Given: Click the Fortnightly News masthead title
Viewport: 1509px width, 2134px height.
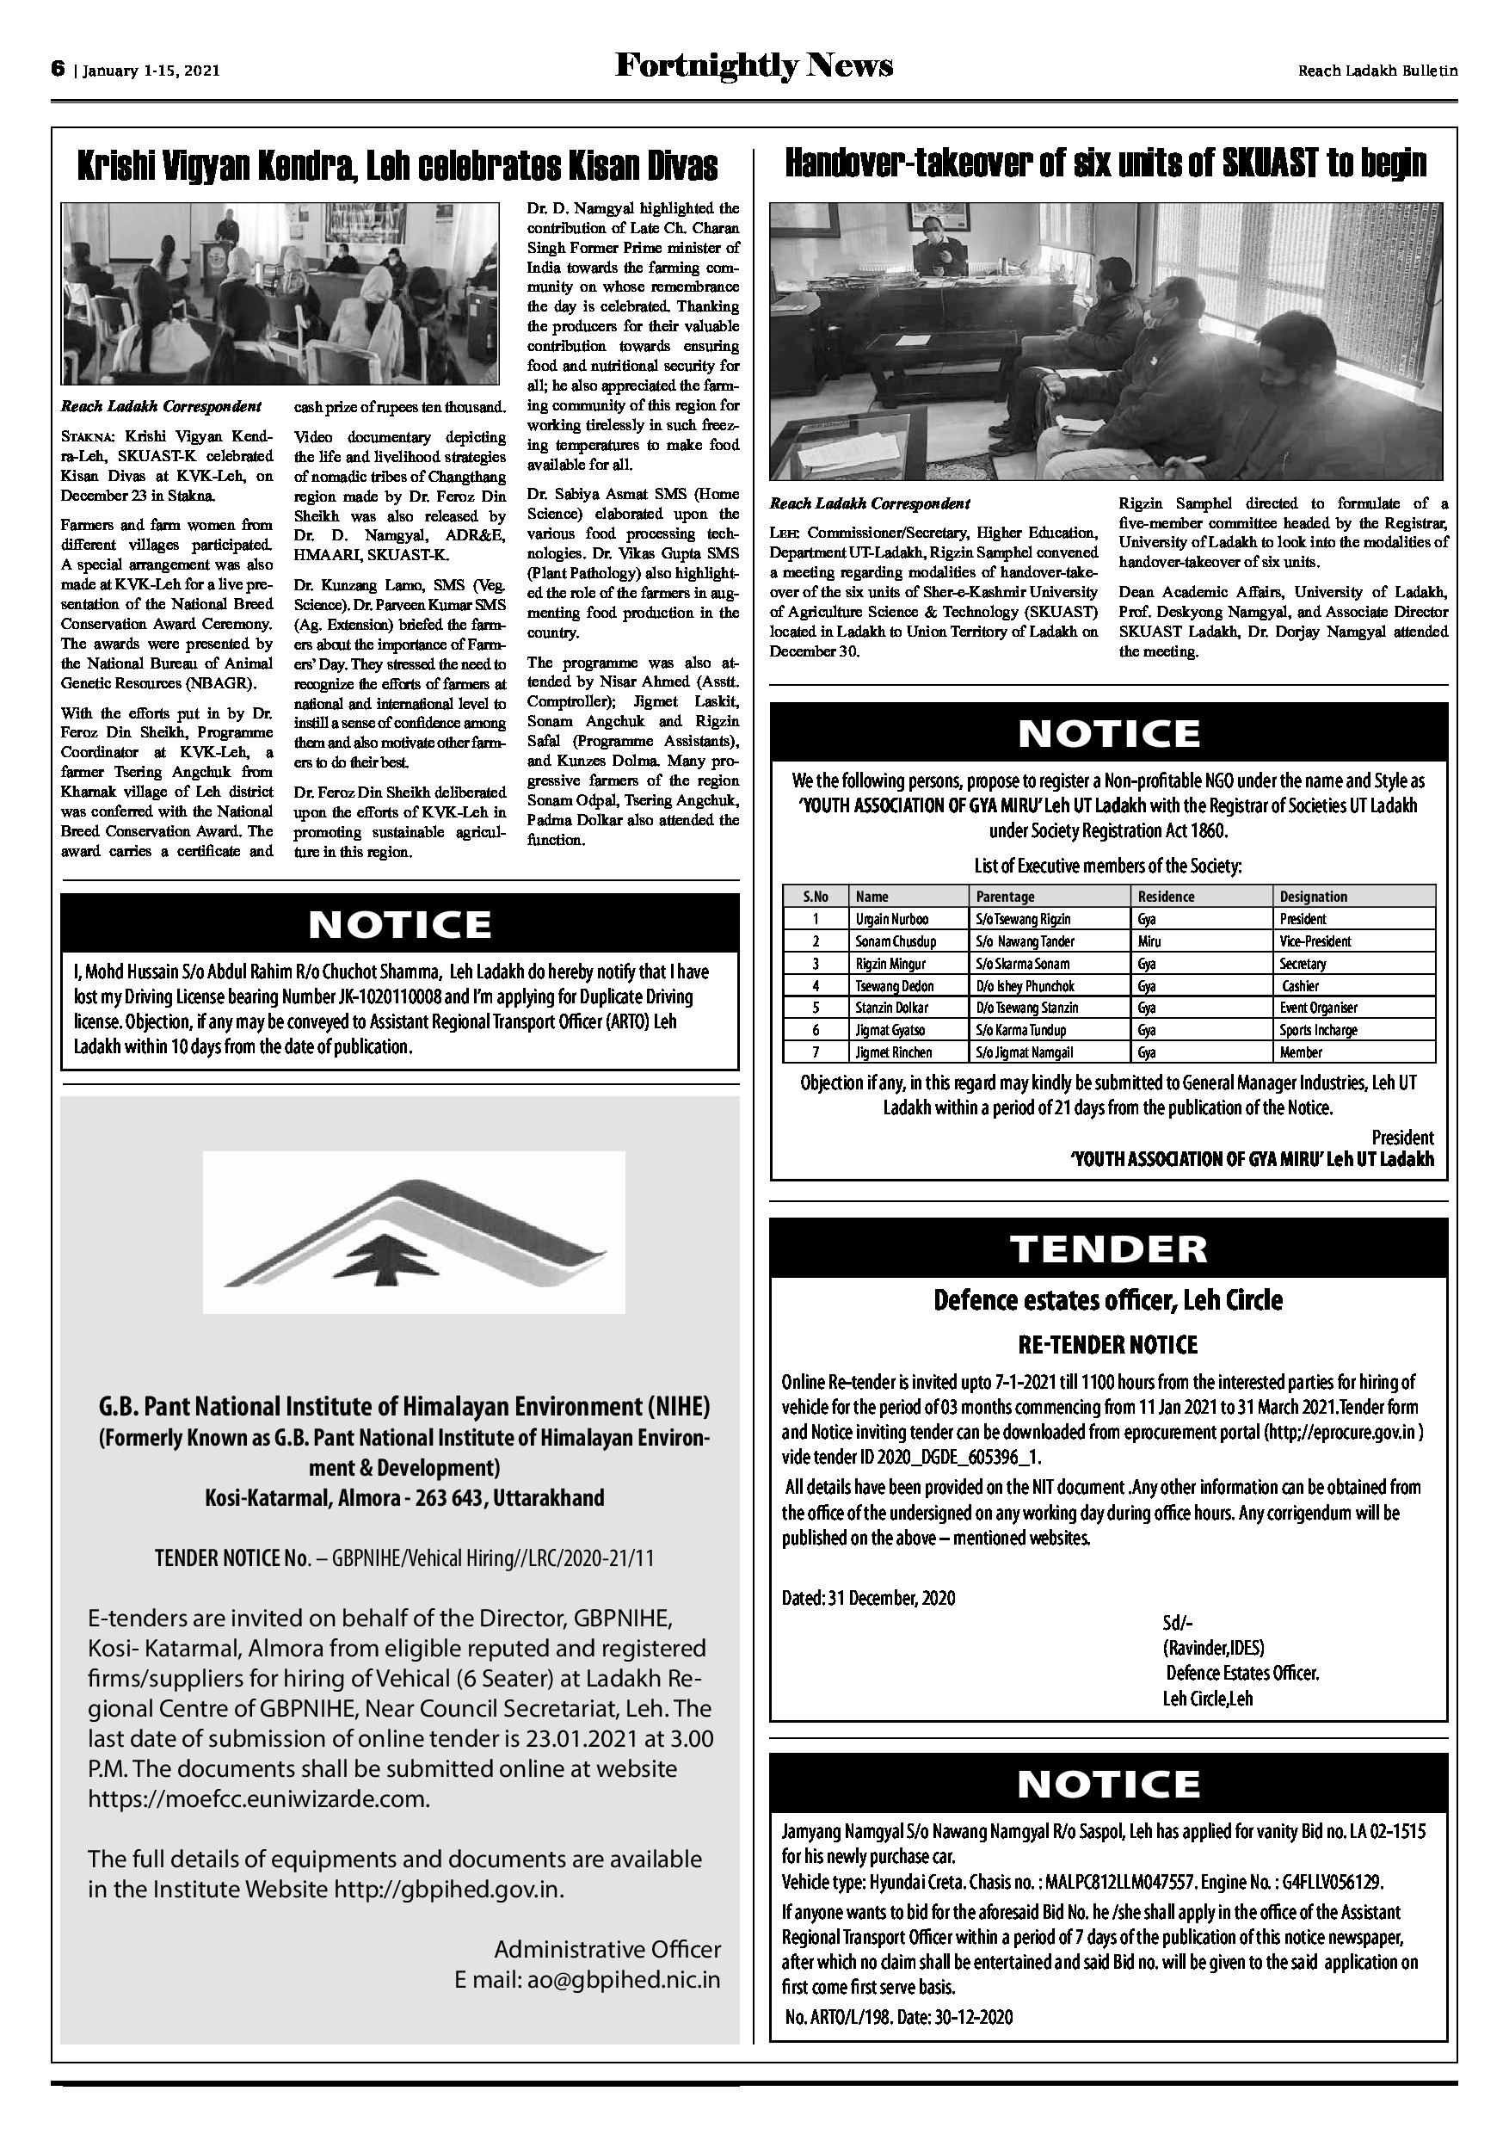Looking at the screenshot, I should (x=754, y=67).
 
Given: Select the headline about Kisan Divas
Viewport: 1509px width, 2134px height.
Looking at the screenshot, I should (x=397, y=166).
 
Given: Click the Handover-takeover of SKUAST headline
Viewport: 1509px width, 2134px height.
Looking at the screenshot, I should (x=1106, y=163).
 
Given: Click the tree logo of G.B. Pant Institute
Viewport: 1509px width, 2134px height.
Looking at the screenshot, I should (x=414, y=1231).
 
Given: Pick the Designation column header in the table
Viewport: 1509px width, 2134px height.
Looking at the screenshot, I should (x=1313, y=897).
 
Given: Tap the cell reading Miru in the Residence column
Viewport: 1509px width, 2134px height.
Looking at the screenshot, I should (x=1149, y=941).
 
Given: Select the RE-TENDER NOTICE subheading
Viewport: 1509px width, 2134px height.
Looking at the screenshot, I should (x=1108, y=1345).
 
